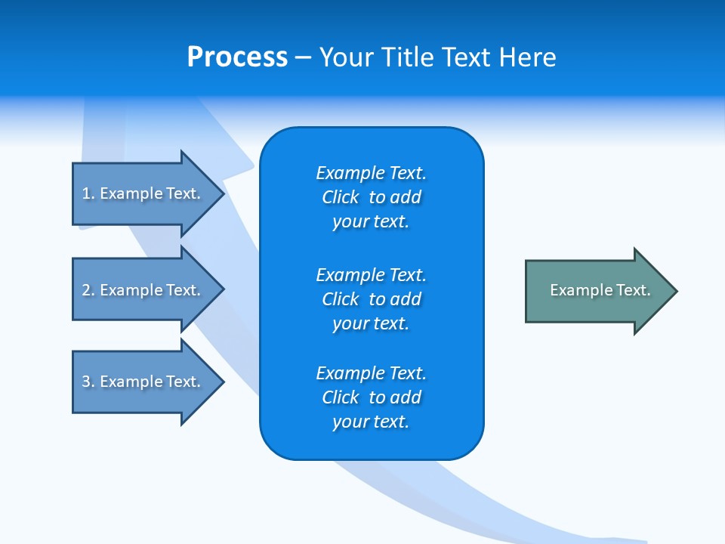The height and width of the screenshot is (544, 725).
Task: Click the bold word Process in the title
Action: tap(237, 57)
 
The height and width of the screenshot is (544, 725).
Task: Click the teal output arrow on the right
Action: tap(597, 291)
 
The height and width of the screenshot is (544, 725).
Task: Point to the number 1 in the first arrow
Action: tap(86, 193)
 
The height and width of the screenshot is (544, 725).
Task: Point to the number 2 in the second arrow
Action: tap(86, 290)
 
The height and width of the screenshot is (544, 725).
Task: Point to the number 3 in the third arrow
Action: tap(86, 382)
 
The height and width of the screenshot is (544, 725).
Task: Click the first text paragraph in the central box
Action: tap(371, 197)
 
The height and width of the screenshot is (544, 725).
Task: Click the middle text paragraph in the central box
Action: tap(371, 299)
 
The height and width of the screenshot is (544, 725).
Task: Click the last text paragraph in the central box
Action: tap(371, 397)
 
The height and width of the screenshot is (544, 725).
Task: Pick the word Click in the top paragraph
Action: tap(340, 197)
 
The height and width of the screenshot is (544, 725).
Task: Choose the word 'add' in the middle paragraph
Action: tap(406, 299)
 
